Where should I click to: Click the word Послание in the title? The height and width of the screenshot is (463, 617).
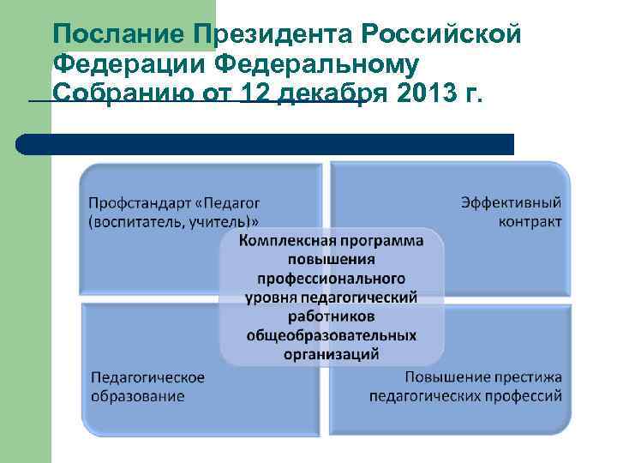[119, 34]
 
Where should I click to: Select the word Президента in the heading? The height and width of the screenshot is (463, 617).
[272, 34]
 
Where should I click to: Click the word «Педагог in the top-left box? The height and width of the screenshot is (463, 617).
[226, 202]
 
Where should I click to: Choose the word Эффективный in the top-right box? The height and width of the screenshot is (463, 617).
[512, 202]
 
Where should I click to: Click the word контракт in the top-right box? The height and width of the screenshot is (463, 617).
[530, 221]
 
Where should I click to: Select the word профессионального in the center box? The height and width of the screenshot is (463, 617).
[332, 279]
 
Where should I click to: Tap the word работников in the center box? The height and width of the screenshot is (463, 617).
[332, 316]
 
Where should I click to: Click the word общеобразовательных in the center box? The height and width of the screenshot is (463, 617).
[332, 334]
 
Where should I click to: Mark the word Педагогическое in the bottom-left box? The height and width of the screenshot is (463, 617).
[148, 377]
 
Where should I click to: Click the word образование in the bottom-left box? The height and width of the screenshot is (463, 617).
[138, 396]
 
